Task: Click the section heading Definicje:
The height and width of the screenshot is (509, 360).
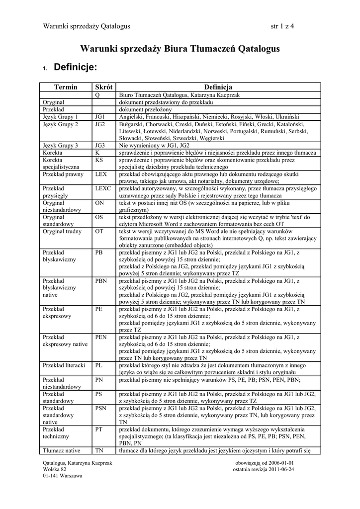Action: point(75,67)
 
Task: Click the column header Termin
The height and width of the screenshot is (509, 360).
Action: point(66,87)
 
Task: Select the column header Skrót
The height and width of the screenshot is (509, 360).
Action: point(103,87)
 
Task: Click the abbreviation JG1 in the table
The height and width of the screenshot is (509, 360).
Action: point(99,116)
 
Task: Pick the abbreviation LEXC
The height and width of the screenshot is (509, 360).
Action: point(102,189)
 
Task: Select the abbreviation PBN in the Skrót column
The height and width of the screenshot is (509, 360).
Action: point(101,281)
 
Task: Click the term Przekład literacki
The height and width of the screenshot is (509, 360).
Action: point(64,365)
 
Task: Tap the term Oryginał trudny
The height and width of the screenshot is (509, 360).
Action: point(62,232)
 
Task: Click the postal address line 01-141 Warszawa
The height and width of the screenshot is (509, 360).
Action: point(63,475)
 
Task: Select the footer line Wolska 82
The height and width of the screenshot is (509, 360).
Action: point(55,469)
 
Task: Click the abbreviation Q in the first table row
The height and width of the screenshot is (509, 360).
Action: point(97,94)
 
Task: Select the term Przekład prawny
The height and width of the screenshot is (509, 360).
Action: point(63,174)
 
